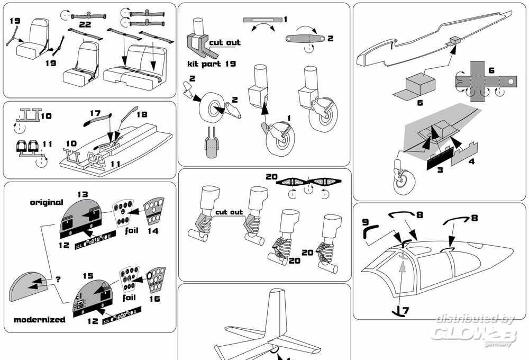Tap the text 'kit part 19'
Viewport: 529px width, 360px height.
(x=212, y=64)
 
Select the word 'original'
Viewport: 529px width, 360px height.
(x=46, y=202)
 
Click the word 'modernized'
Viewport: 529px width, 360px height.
(x=40, y=320)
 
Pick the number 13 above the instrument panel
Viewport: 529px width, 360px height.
(x=82, y=195)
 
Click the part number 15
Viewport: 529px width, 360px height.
(x=87, y=276)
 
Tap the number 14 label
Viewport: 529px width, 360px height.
(x=152, y=231)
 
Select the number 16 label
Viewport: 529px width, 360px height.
(x=155, y=298)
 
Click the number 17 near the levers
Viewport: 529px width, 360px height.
(x=95, y=113)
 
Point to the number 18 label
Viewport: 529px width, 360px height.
(x=141, y=114)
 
